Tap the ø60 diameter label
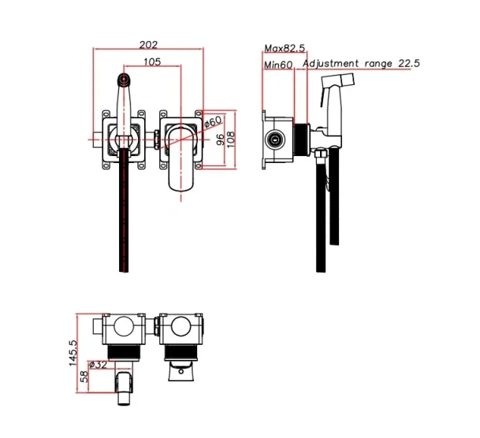(x=213, y=122)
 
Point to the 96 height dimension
(x=221, y=139)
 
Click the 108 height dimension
(x=233, y=139)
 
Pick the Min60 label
(x=278, y=65)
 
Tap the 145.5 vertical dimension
(x=72, y=351)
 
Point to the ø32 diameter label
(x=98, y=364)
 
